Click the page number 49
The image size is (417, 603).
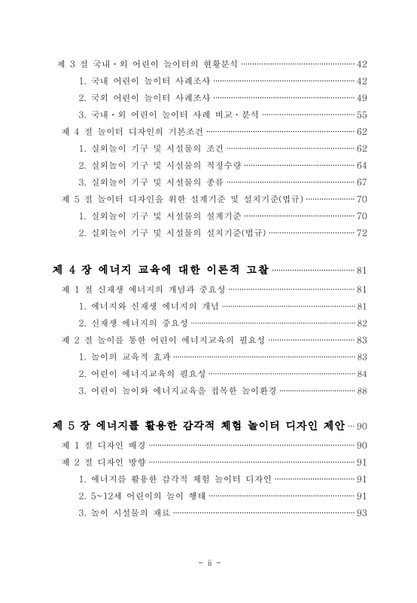(361, 97)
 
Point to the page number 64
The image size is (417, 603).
(361, 164)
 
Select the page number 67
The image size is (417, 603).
(361, 182)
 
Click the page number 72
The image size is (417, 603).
(361, 232)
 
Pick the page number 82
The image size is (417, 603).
(361, 322)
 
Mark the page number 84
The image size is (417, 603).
(361, 373)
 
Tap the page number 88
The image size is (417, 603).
(361, 390)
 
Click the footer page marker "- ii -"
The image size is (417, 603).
(208, 563)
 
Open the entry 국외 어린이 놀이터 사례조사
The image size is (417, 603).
(145, 97)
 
